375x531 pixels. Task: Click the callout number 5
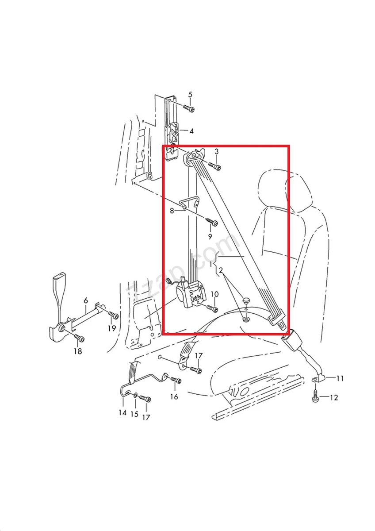[191, 94]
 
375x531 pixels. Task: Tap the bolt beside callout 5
[189, 108]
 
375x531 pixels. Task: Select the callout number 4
[191, 131]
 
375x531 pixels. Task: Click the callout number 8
[172, 211]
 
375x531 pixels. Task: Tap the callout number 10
[214, 294]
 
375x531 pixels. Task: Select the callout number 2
[221, 269]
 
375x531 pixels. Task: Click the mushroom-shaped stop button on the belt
[246, 301]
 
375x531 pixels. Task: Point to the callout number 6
[86, 300]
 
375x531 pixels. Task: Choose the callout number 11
[340, 378]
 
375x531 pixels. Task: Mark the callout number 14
[122, 412]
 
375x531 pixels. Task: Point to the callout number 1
[211, 264]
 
